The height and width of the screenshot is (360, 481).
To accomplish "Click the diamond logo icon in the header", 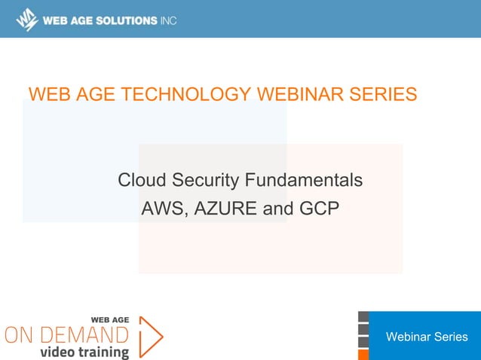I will click(27, 20).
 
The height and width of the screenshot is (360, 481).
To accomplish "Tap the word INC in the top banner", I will click(167, 20).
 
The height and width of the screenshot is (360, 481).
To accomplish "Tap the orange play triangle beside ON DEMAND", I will click(150, 336).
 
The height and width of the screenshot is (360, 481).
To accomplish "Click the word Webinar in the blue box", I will click(407, 337).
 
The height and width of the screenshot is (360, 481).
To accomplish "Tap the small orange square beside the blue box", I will click(363, 354).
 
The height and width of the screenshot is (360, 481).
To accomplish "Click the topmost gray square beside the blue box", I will click(363, 316).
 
